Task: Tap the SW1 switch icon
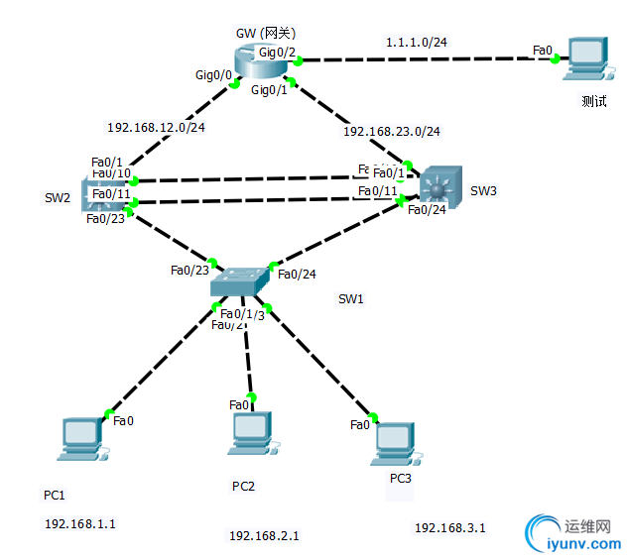coord(239,282)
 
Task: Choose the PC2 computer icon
coord(252,433)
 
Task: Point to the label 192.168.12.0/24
coord(156,127)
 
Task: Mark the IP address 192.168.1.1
coord(80,523)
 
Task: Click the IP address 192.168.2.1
coord(264,535)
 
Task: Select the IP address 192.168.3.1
coord(449,527)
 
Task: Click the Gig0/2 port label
coord(276,50)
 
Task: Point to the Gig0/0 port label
coord(213,74)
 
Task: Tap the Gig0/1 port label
coord(269,90)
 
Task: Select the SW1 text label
coord(351,298)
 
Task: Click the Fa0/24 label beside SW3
coord(427,210)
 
